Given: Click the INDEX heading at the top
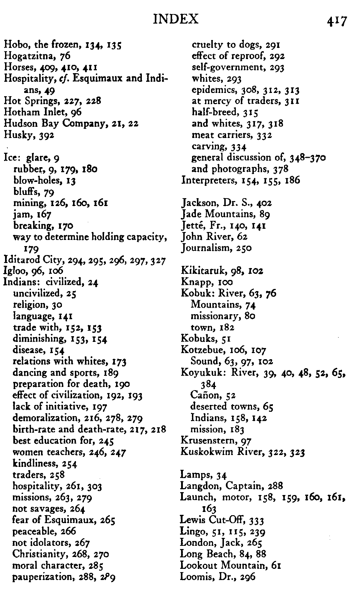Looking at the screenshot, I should coord(175,19).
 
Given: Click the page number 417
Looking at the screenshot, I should coord(337,21).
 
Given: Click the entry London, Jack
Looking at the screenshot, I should coord(207,543).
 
